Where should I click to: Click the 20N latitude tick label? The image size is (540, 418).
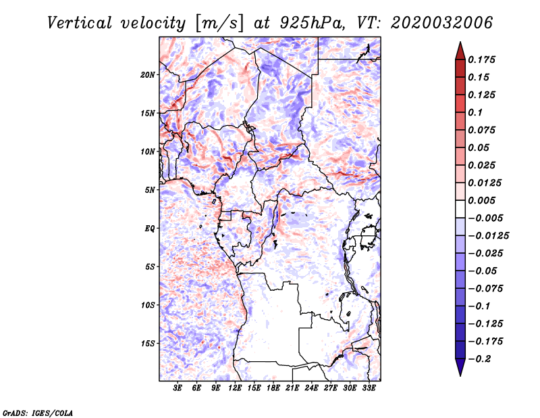pyautogui.click(x=148, y=75)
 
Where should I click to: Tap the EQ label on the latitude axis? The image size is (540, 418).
pyautogui.click(x=150, y=229)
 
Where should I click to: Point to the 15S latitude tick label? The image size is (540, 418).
pyautogui.click(x=148, y=344)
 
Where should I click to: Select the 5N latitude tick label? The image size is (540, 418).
pyautogui.click(x=150, y=190)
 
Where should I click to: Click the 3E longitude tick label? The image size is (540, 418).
pyautogui.click(x=178, y=388)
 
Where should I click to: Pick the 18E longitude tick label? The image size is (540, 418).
pyautogui.click(x=273, y=388)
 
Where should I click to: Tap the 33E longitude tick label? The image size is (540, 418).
pyautogui.click(x=369, y=388)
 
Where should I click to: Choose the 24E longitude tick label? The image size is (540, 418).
pyautogui.click(x=311, y=388)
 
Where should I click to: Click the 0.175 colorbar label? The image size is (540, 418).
pyautogui.click(x=481, y=60)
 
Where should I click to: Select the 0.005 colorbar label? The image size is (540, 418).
pyautogui.click(x=481, y=200)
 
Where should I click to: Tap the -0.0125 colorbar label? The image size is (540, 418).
pyautogui.click(x=488, y=236)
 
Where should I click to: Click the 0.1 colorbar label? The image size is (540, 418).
pyautogui.click(x=475, y=112)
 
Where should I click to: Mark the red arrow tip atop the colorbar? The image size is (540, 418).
pyautogui.click(x=460, y=42)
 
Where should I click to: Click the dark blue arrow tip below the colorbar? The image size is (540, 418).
pyautogui.click(x=460, y=376)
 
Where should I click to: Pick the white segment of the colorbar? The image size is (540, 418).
pyautogui.click(x=460, y=209)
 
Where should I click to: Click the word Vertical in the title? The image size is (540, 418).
pyautogui.click(x=80, y=23)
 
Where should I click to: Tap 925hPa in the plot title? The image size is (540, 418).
pyautogui.click(x=312, y=23)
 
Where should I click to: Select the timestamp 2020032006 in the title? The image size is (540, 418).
pyautogui.click(x=442, y=23)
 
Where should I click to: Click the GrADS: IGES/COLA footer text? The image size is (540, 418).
pyautogui.click(x=38, y=413)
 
